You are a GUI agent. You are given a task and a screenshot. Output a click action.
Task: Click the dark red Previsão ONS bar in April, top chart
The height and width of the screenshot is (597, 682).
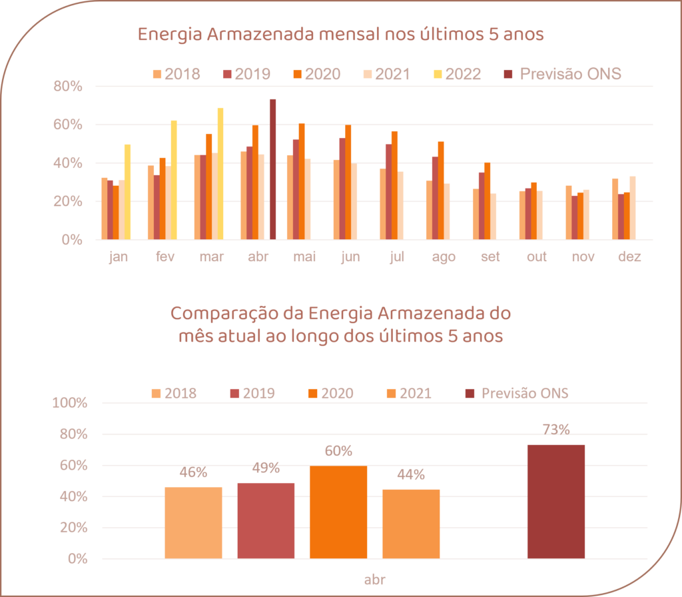pyautogui.click(x=273, y=169)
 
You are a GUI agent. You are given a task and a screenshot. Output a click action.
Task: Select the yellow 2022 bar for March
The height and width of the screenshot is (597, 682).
pyautogui.click(x=220, y=173)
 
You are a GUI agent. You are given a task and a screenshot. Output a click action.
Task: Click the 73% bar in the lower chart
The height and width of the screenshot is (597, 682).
pyautogui.click(x=555, y=501)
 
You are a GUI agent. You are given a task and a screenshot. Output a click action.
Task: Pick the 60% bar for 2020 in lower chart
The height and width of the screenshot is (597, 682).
pyautogui.click(x=338, y=512)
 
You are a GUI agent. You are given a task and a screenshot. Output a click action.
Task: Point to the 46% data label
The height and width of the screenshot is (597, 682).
pyautogui.click(x=193, y=473)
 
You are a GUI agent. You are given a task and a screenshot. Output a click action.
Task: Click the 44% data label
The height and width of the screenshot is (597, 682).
pyautogui.click(x=411, y=475)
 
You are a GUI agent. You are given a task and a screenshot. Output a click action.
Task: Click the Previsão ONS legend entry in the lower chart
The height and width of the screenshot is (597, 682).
pyautogui.click(x=517, y=393)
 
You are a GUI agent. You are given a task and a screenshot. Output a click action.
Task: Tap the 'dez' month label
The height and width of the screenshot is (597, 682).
pyautogui.click(x=629, y=257)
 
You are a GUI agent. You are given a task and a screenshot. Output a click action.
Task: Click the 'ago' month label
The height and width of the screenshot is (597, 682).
pyautogui.click(x=444, y=257)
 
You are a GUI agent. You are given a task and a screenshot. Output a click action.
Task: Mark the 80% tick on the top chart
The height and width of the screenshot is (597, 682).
pyautogui.click(x=69, y=87)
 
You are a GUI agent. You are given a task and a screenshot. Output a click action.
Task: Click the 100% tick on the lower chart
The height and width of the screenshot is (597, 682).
pyautogui.click(x=69, y=403)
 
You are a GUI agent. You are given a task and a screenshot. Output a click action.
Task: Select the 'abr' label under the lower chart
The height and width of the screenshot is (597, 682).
pyautogui.click(x=375, y=579)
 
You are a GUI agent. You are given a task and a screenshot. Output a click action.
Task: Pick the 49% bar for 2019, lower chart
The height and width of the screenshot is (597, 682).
pyautogui.click(x=266, y=520)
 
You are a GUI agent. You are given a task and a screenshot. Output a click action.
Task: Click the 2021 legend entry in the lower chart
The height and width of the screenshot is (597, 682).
pyautogui.click(x=408, y=393)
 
